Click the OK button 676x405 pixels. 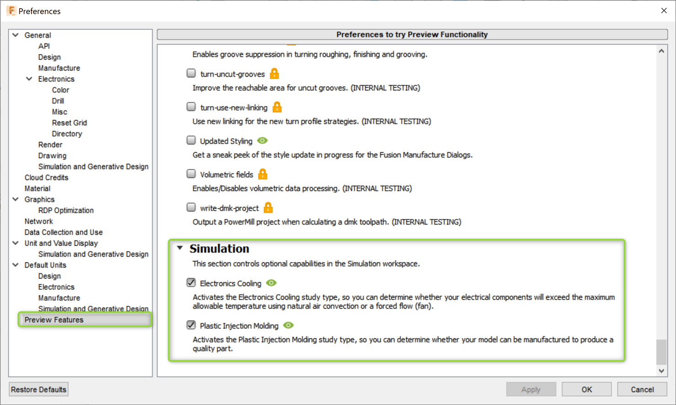[586, 389]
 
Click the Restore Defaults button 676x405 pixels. [39, 389]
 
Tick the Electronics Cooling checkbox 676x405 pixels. [191, 283]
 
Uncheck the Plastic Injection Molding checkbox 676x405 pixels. [191, 325]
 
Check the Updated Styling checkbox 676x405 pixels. [191, 140]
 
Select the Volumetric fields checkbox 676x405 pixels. [191, 174]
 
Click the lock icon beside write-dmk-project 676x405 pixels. [268, 208]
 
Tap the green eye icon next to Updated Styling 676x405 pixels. [262, 140]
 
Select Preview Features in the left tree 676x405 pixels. [54, 320]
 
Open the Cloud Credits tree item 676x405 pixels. [46, 177]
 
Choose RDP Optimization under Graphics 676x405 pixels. [66, 210]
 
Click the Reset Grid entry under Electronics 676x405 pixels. [69, 123]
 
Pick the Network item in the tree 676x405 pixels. [39, 221]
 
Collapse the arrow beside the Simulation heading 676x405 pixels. [180, 248]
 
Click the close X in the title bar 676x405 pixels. [664, 10]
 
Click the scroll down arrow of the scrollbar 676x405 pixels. [661, 371]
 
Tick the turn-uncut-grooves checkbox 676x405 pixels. [191, 73]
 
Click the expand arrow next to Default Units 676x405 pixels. [16, 265]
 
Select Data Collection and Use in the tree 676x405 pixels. [63, 232]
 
